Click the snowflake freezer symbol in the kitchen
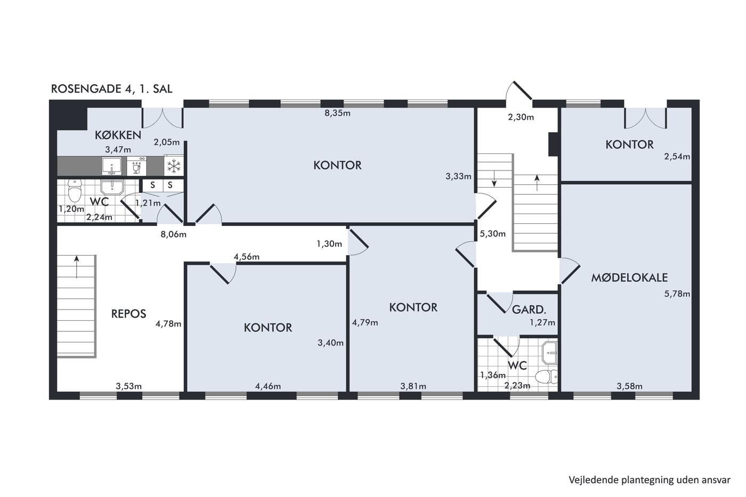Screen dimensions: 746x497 coord(174,166)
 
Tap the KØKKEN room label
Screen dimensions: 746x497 coord(118,135)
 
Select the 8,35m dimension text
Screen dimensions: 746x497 coord(337,113)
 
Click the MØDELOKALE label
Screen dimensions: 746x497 coord(629,278)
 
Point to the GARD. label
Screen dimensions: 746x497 coord(529,310)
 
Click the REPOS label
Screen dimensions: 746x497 coord(128,314)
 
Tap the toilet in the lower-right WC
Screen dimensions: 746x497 coord(546,377)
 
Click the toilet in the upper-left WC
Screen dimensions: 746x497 coord(75,191)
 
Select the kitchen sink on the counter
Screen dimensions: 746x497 coord(112,166)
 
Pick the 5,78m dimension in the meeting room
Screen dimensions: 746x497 coord(677,294)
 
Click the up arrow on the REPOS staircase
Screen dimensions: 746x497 coord(77,267)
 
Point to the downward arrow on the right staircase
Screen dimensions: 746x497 coord(494,178)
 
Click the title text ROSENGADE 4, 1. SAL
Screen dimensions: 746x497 coord(111,89)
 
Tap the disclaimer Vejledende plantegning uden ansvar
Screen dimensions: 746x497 coord(650,480)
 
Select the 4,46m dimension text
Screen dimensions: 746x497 coord(267,387)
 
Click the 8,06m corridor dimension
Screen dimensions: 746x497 coord(174,235)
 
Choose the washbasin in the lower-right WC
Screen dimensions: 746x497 coord(549,353)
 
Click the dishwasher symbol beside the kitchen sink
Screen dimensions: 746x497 coord(136,166)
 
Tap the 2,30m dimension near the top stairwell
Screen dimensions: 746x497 coord(521,117)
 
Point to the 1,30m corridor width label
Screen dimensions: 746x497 coord(329,244)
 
